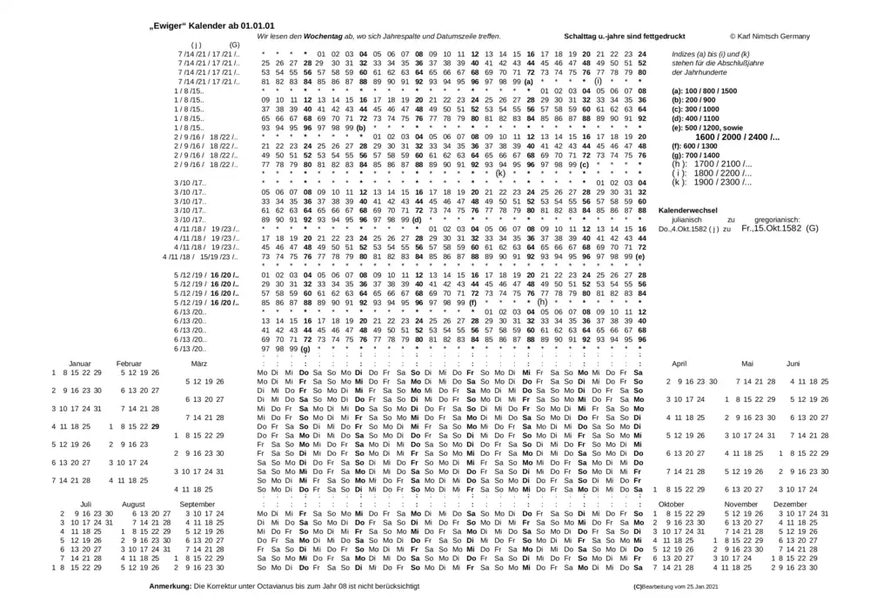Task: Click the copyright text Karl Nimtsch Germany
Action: [770, 37]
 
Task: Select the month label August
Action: [133, 504]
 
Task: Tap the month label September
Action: [197, 504]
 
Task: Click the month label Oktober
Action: [672, 504]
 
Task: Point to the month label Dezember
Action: [789, 504]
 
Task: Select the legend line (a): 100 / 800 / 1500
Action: [704, 90]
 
